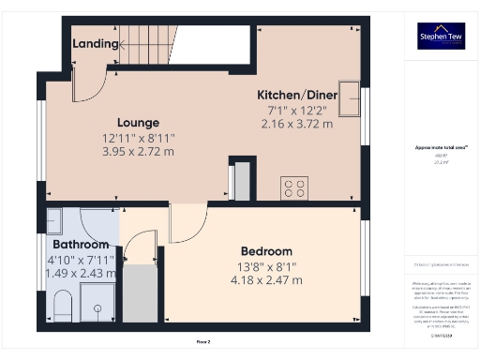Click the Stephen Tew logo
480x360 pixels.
pyautogui.click(x=441, y=36)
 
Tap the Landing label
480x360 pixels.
pyautogui.click(x=95, y=43)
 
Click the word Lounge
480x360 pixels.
pyautogui.click(x=138, y=123)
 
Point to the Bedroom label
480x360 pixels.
pyautogui.click(x=266, y=251)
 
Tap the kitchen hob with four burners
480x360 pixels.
pyautogui.click(x=294, y=187)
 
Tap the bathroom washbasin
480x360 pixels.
pyautogui.click(x=52, y=221)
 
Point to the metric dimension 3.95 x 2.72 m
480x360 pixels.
pyautogui.click(x=138, y=151)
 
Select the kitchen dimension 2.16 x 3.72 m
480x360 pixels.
pyautogui.click(x=297, y=124)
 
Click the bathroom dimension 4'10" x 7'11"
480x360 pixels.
pyautogui.click(x=80, y=260)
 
